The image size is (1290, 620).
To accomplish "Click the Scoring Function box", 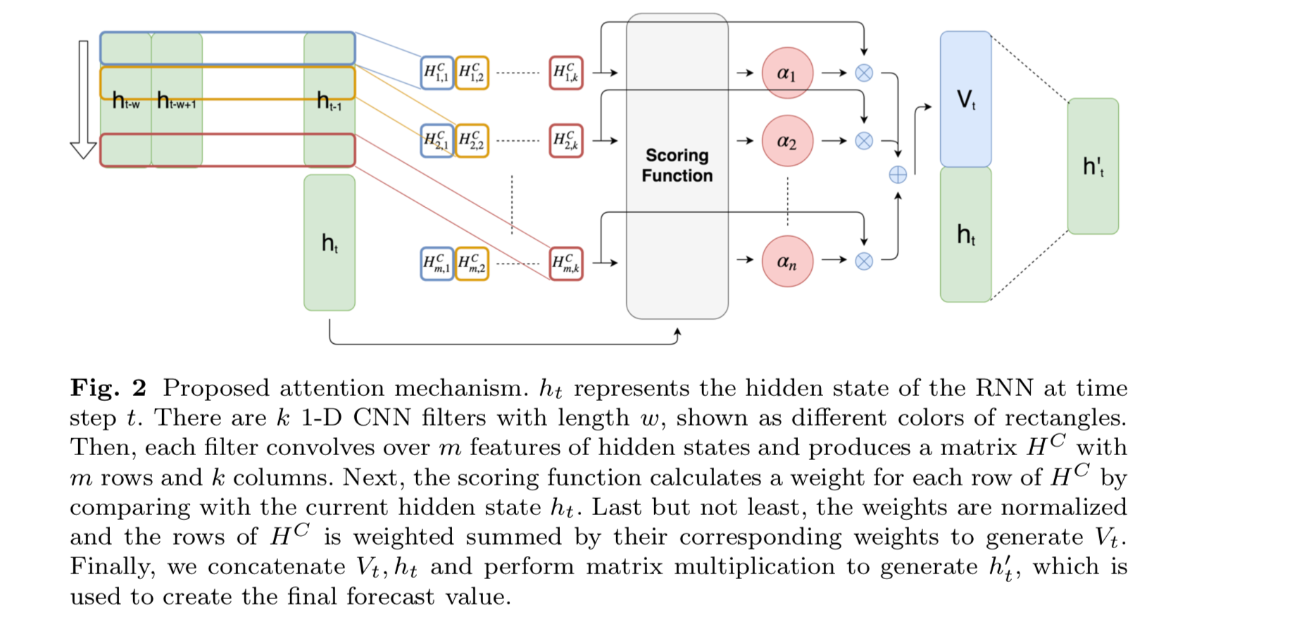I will coord(677,166).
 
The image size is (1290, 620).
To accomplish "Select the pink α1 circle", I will coord(787,73).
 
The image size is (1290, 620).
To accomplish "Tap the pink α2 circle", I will coord(787,141).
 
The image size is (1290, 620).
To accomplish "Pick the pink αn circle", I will coord(787,261).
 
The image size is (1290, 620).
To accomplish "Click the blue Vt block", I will coord(965,99).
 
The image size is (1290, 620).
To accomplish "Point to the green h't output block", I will coord(1093,166).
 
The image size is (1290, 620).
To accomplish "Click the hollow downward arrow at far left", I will coord(83,99).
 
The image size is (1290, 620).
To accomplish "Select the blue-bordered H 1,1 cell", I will coord(437,73).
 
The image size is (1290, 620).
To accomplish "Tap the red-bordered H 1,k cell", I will coord(566,73).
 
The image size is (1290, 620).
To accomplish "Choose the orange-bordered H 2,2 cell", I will coord(472,141).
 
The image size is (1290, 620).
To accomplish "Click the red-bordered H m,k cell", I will coord(566,263).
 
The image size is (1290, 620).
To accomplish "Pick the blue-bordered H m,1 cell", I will coord(437,263).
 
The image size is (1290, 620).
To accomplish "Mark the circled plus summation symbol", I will coord(898,175).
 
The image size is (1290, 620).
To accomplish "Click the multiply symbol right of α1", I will coord(864,73).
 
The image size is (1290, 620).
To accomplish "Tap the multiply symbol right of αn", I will coord(864,261).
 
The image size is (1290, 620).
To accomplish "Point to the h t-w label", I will coord(126,101).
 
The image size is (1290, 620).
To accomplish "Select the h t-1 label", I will coord(329,101).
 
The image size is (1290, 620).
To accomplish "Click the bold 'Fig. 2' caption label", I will coord(108,387).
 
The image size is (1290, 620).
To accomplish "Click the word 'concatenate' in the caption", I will coord(276,566).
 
